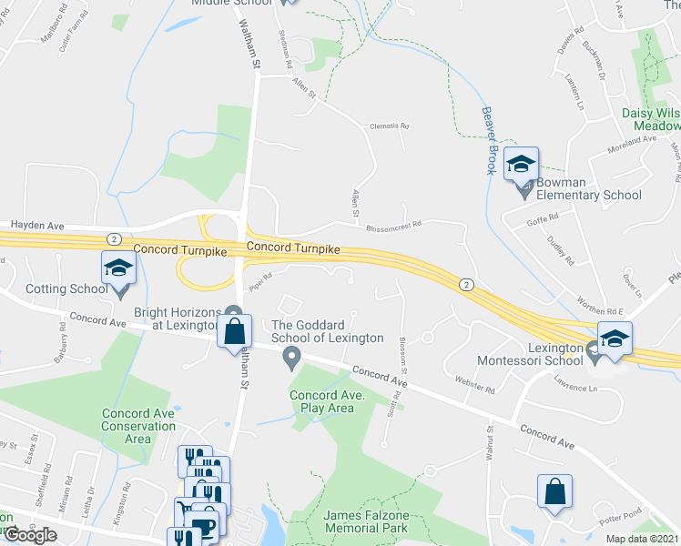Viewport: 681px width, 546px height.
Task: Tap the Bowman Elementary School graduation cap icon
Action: [x=522, y=164]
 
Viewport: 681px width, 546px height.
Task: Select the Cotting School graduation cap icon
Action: [x=118, y=268]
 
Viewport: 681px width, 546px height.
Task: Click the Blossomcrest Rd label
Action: [x=394, y=223]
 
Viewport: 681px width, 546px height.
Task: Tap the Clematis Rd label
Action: [x=390, y=126]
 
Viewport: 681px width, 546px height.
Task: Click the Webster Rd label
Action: [x=475, y=389]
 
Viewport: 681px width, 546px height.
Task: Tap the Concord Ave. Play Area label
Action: [x=328, y=401]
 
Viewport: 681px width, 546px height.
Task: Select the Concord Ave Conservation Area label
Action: [x=137, y=426]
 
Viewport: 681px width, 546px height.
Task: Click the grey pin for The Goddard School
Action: [x=292, y=358]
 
